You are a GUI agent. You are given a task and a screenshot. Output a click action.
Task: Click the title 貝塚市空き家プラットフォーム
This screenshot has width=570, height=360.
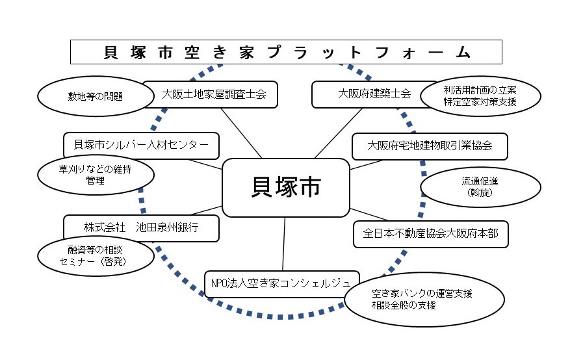(x=286, y=52)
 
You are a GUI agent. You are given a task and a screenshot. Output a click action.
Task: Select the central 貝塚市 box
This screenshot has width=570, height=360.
(x=285, y=188)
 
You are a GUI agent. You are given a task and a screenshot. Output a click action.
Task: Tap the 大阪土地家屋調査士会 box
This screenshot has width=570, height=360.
(x=210, y=94)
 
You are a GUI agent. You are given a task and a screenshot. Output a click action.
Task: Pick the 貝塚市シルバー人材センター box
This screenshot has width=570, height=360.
(x=141, y=145)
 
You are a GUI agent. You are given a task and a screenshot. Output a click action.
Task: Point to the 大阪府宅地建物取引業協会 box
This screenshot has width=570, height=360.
(x=429, y=146)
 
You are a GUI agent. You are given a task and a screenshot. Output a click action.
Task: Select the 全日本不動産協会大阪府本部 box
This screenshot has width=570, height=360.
(x=430, y=234)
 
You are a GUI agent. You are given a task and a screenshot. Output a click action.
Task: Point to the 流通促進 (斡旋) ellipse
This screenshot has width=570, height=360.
(x=480, y=187)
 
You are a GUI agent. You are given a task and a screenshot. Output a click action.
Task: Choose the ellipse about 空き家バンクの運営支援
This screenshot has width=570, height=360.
(x=424, y=300)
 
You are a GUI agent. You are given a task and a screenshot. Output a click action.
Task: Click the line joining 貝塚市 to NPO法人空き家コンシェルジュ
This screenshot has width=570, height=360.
(x=284, y=244)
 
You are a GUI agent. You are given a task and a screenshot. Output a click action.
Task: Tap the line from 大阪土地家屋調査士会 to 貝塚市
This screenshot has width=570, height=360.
(x=241, y=133)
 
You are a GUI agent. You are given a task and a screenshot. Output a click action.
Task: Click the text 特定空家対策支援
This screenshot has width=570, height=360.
(x=480, y=103)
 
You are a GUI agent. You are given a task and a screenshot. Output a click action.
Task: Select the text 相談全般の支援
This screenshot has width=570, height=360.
(x=404, y=305)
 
